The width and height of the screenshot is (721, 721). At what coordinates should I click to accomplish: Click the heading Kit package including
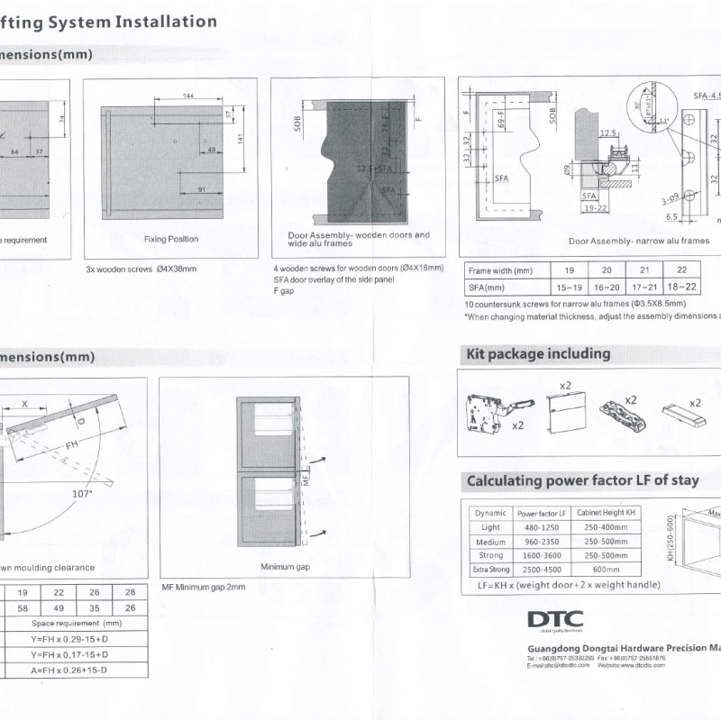click(538, 353)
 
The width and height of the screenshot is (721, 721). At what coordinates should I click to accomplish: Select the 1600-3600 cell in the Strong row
click(542, 556)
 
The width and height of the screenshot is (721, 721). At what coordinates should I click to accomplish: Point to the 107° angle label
click(82, 493)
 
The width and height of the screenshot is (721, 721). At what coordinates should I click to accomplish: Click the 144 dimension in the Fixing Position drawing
click(188, 96)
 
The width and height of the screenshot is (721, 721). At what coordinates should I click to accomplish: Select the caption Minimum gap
click(285, 567)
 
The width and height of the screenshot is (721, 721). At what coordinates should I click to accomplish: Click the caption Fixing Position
click(171, 240)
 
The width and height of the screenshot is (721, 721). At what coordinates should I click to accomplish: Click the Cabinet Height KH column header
click(607, 512)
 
